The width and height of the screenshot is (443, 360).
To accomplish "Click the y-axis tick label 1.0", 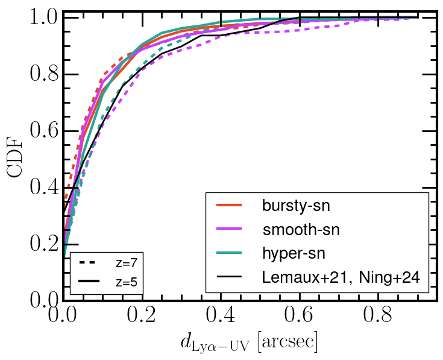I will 42,17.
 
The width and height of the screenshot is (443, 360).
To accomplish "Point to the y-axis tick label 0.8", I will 42,75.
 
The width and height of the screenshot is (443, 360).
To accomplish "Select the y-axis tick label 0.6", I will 42,131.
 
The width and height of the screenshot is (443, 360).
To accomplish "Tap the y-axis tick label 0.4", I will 42,188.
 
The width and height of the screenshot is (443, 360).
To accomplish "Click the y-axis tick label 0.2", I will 42,244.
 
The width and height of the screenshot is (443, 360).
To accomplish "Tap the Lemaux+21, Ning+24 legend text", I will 341,277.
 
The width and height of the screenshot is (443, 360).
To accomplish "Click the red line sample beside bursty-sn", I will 229,206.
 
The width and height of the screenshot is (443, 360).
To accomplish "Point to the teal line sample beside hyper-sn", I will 229,253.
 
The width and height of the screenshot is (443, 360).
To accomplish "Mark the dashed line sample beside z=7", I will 89,263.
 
